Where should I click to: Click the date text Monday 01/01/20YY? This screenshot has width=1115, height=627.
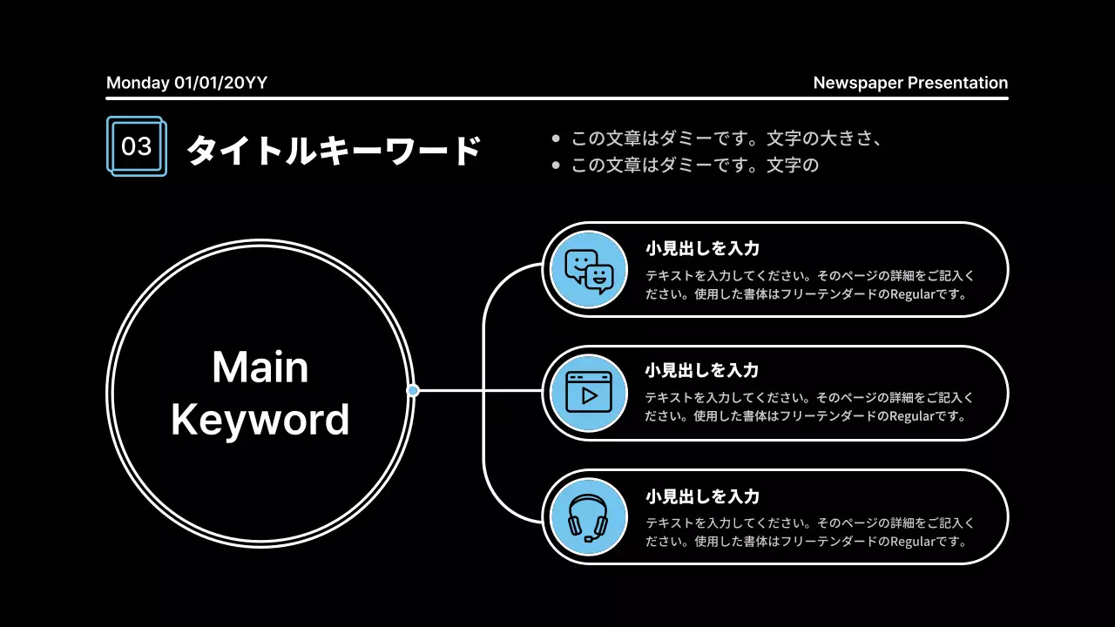coord(186,83)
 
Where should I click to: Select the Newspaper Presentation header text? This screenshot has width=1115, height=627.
coord(910,83)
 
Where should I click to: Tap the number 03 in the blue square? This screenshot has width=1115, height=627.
coord(136,146)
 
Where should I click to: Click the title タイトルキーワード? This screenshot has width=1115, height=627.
coord(334,150)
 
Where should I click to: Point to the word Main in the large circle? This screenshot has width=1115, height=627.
coord(260,367)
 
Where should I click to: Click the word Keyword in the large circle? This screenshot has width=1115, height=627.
coord(260,420)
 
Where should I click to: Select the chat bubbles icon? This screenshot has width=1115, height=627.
coord(589,270)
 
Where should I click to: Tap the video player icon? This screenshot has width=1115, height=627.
coord(589,392)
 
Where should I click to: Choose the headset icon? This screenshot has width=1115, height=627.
coord(588,517)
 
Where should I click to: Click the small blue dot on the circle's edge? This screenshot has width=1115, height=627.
coord(413,391)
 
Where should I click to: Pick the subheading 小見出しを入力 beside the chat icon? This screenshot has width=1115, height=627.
coord(702,248)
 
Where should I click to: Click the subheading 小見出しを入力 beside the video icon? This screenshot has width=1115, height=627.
coord(701,370)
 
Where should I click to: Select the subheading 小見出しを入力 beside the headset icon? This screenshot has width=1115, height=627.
coord(702,496)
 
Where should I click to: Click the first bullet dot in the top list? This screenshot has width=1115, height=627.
coord(556,138)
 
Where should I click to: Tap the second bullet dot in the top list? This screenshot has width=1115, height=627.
coord(556,165)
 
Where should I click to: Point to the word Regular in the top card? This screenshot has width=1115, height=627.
coord(913,294)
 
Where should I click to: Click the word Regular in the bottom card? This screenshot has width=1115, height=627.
coord(913,542)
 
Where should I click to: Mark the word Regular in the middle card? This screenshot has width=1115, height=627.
coord(912,416)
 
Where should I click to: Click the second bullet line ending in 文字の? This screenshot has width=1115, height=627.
coord(695,165)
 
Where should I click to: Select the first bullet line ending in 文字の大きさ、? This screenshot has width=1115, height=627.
coord(726,138)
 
